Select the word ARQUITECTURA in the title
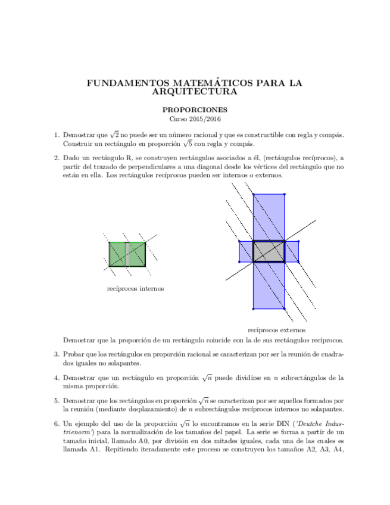click(x=195, y=92)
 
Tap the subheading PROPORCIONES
click(x=195, y=110)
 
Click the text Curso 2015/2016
click(x=195, y=119)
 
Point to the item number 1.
click(x=57, y=136)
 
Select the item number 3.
click(x=57, y=354)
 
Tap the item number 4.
click(x=57, y=378)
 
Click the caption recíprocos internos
click(x=135, y=289)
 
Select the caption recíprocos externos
click(x=276, y=329)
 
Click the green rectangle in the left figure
click(x=117, y=254)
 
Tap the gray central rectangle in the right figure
click(x=269, y=251)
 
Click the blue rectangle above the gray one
click(x=269, y=217)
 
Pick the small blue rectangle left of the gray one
click(x=246, y=251)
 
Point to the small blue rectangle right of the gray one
click(x=291, y=251)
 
